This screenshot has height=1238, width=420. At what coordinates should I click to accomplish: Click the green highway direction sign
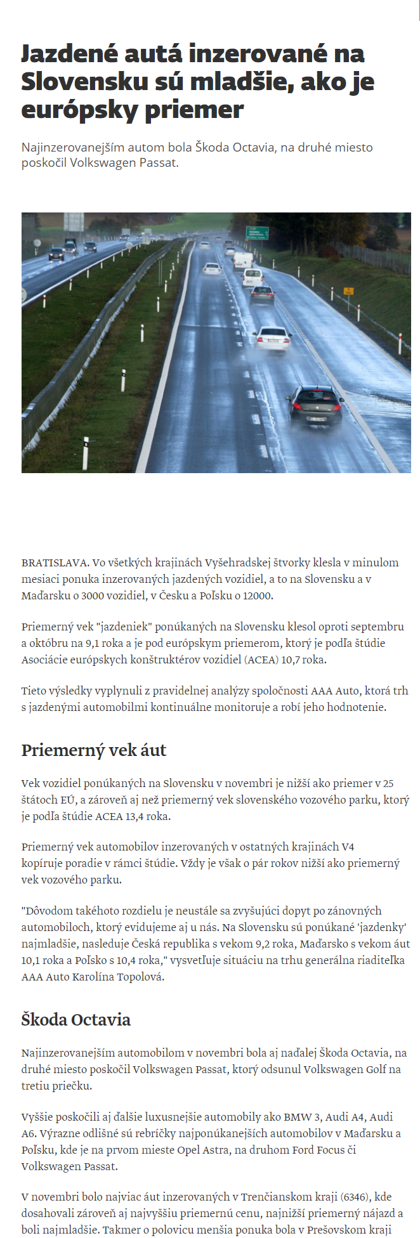(x=257, y=233)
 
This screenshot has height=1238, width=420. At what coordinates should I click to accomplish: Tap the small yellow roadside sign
(x=348, y=291)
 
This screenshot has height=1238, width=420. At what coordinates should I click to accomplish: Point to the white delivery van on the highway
(x=242, y=260)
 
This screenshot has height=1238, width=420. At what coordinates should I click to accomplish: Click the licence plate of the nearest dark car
(x=317, y=419)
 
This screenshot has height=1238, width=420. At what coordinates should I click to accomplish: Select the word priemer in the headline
(x=194, y=110)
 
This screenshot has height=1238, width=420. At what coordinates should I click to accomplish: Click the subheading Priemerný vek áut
(x=94, y=750)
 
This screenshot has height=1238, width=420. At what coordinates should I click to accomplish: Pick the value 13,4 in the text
(x=135, y=816)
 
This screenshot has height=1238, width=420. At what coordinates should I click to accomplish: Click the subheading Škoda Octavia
(x=76, y=1020)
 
